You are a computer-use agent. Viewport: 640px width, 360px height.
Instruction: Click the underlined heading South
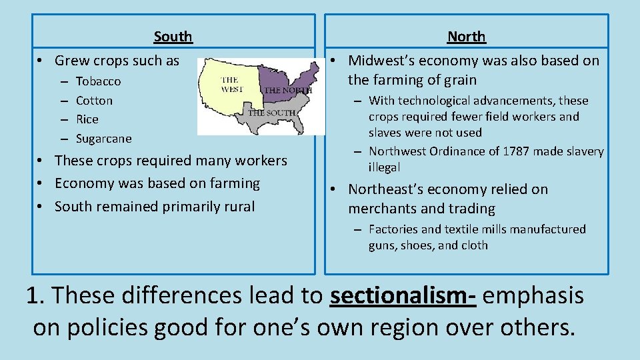pos(173,37)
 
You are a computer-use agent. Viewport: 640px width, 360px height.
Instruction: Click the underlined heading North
pos(466,37)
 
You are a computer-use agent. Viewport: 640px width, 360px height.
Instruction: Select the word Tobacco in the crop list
pos(99,81)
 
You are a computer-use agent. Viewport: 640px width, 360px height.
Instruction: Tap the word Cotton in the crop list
pos(94,101)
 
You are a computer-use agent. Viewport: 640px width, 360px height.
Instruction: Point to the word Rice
pos(87,119)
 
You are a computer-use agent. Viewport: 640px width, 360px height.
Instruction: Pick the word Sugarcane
pos(104,139)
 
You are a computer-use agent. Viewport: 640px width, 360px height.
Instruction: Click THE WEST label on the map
pos(231,85)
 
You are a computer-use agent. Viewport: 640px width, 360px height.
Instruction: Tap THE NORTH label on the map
pos(288,90)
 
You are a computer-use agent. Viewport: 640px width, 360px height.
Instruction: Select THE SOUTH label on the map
pos(272,113)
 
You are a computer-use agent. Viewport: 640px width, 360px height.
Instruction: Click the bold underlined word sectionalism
pos(402,295)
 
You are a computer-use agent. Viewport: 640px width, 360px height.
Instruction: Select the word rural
pos(239,207)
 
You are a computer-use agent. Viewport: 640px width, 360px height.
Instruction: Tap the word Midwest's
pos(381,61)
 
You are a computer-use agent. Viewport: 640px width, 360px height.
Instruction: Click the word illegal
pos(384,167)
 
